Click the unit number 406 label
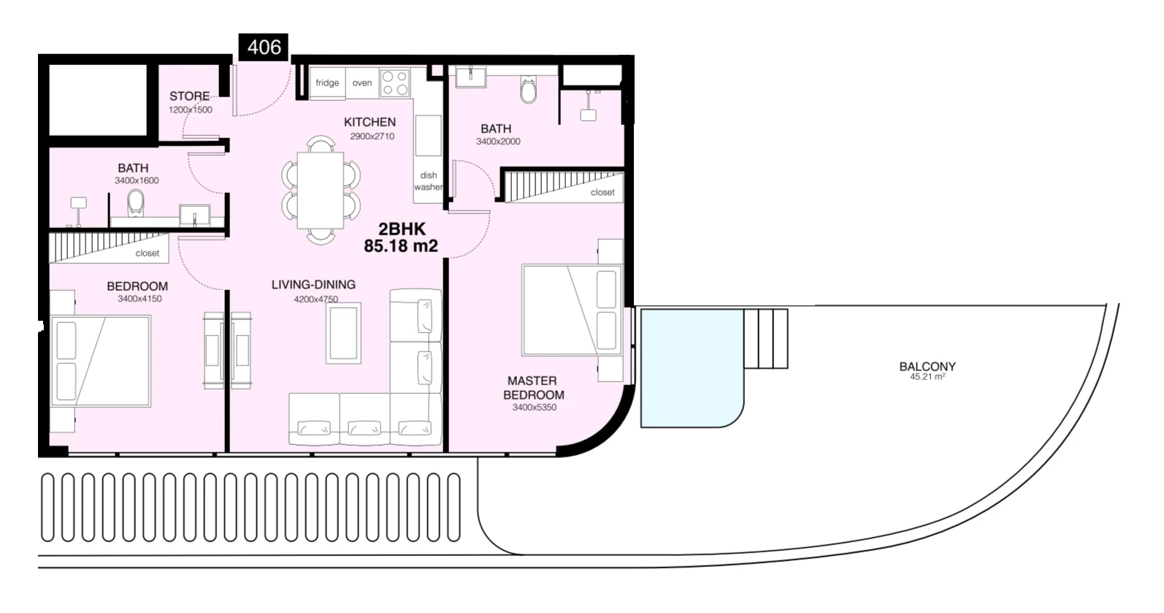point(264,47)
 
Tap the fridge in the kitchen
point(327,83)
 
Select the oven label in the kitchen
point(362,83)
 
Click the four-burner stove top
point(395,83)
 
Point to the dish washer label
point(428,181)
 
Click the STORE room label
point(190,96)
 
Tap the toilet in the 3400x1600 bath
point(136,203)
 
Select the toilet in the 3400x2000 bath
point(529,89)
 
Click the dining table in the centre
point(320,190)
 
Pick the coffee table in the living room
point(343,333)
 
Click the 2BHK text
point(402,229)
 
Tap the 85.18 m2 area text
point(401,246)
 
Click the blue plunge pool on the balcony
point(691,368)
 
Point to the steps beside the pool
point(766,338)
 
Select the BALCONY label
point(927,366)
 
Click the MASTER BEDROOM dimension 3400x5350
point(535,408)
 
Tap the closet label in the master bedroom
point(602,192)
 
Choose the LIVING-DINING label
point(313,284)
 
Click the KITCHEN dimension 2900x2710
point(372,136)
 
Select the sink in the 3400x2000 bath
point(471,77)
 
